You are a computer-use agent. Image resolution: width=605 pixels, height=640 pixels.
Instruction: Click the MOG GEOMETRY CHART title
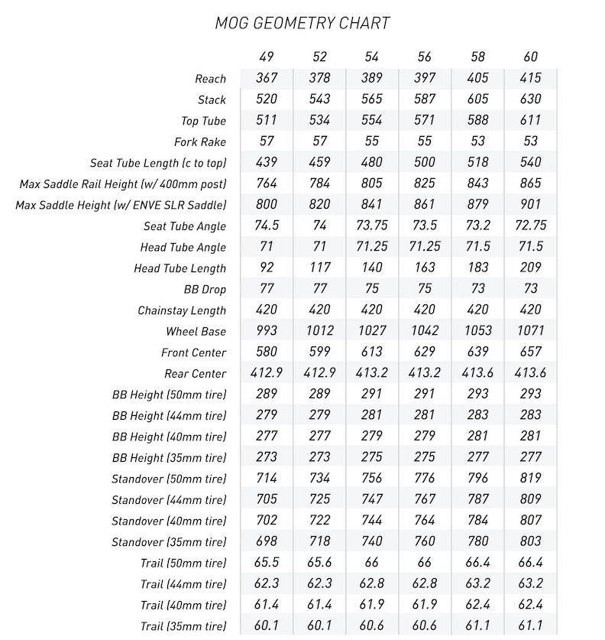302,23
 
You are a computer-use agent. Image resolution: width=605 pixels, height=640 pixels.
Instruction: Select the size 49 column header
267,57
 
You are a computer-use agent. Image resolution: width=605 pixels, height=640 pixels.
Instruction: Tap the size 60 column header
530,57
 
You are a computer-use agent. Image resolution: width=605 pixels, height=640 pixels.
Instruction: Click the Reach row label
211,79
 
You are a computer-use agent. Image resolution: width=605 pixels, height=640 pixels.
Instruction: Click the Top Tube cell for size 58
477,120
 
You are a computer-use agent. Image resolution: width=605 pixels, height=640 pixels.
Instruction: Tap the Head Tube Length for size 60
530,268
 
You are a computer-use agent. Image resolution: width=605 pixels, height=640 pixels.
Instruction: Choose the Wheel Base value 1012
319,331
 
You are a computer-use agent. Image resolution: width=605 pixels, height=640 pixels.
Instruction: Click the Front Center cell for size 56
425,352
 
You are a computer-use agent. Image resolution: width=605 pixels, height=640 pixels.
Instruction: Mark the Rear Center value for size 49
267,373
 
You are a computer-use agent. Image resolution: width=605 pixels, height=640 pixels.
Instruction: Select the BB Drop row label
205,290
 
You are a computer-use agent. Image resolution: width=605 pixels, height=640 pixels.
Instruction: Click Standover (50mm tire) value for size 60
530,479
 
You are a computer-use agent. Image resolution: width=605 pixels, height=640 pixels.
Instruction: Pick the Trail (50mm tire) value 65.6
319,563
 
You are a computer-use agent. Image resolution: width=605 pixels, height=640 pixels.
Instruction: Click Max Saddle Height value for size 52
319,205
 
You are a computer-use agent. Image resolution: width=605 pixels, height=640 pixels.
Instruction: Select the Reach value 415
530,78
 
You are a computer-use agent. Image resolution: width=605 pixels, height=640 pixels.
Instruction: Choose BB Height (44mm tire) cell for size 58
477,415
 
